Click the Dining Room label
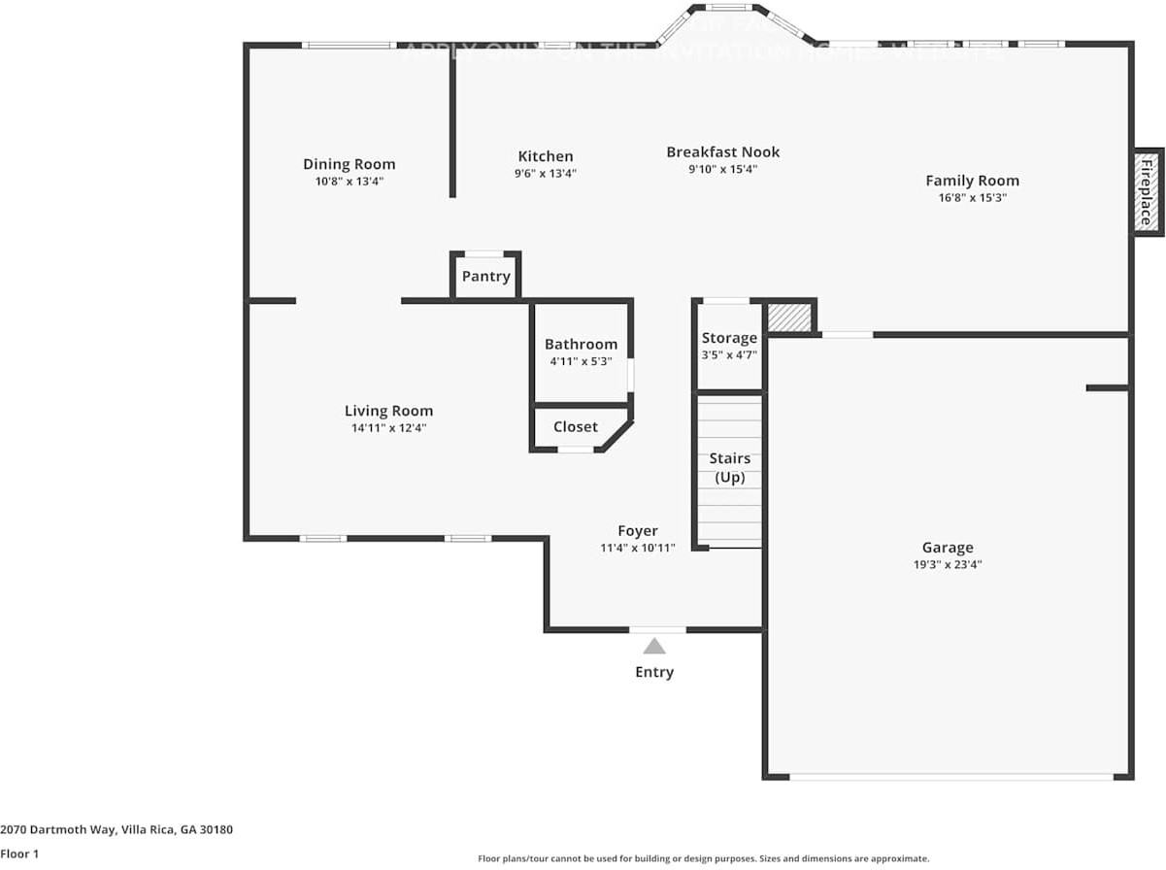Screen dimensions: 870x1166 coord(349,164)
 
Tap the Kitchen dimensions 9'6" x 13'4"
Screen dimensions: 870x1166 coord(545,174)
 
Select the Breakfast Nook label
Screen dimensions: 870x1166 coord(722,151)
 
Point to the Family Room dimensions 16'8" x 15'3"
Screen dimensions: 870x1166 coord(971,197)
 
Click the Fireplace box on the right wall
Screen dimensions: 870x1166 coord(1146,191)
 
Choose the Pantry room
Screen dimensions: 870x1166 coord(485,277)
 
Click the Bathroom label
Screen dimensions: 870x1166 coord(581,344)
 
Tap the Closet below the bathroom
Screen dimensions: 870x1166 coord(575,427)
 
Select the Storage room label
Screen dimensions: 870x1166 coord(729,338)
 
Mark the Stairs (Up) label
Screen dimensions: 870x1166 coord(729,467)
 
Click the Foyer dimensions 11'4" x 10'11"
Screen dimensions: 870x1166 coord(637,548)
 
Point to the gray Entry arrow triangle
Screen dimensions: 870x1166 coord(654,646)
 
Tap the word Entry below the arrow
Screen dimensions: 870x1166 coord(654,672)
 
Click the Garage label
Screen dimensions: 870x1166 coord(947,548)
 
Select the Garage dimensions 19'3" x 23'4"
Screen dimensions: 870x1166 coord(947,564)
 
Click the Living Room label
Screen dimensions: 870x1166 coord(388,411)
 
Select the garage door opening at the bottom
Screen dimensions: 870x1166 coord(950,776)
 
